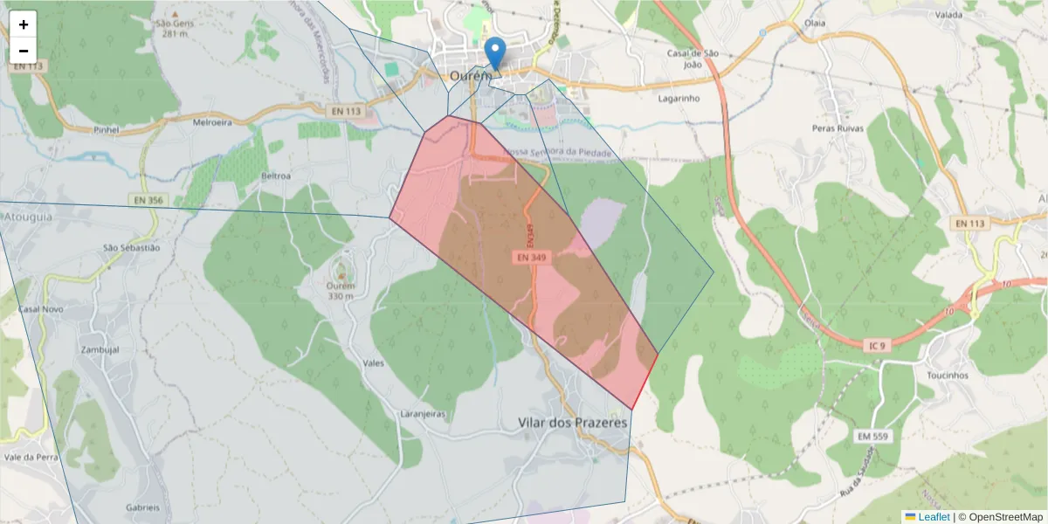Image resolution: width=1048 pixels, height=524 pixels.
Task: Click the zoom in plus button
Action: (24, 24)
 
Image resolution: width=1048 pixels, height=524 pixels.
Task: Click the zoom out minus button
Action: (24, 51)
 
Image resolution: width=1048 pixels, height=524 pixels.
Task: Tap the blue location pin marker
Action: (495, 52)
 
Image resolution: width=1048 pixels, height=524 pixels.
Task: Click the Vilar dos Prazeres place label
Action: (573, 423)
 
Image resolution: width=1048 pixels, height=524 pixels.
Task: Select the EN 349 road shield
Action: (531, 258)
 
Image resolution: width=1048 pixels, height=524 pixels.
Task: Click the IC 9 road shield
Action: (875, 346)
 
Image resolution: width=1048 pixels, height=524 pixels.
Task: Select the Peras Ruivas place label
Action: (837, 128)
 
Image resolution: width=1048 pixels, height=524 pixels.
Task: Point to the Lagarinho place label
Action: (679, 99)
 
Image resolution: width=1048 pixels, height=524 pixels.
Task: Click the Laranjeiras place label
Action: (423, 413)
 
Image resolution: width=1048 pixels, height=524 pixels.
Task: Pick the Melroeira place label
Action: (212, 123)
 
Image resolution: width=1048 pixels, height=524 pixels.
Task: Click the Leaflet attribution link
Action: (934, 517)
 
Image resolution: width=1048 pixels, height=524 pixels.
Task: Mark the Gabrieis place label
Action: (143, 507)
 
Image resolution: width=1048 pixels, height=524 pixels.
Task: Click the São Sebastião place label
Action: (132, 248)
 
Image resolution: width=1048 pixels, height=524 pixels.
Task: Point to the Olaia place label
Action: (815, 23)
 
